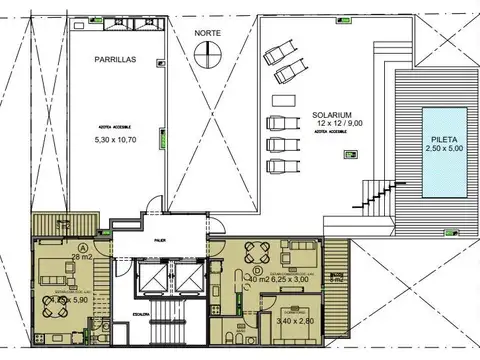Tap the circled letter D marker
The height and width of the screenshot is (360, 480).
(x=257, y=270)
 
